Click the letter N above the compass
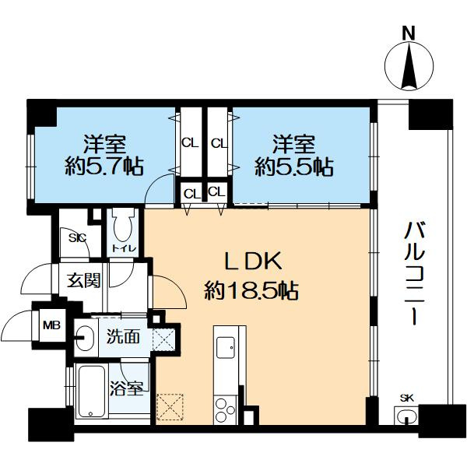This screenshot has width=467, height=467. (x=409, y=33)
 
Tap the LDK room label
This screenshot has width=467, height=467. (x=252, y=262)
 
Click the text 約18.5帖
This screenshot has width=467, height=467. (x=251, y=290)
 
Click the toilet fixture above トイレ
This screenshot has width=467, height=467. (x=122, y=225)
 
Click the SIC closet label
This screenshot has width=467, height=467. (x=77, y=237)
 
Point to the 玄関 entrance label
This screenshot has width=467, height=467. (x=84, y=280)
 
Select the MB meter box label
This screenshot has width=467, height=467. (x=52, y=325)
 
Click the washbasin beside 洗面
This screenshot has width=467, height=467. (x=84, y=338)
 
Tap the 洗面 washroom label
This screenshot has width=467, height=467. (x=123, y=337)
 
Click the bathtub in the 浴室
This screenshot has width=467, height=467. (x=92, y=392)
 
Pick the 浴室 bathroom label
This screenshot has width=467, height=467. (x=127, y=388)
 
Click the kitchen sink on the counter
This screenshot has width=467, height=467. (x=226, y=348)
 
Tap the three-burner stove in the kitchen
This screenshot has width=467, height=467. (x=226, y=410)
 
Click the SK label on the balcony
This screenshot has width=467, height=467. (x=406, y=398)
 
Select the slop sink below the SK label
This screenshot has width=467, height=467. (x=406, y=416)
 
